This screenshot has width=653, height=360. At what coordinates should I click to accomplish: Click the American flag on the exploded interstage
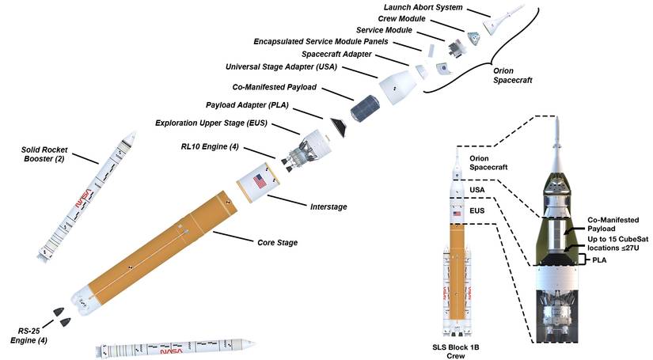pos(259,181)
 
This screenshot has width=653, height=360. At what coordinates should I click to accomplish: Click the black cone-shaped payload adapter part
pos(338,124)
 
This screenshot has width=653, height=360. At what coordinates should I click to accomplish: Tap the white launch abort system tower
pos(505,15)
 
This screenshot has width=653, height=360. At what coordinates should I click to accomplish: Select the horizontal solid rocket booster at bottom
pos(174,349)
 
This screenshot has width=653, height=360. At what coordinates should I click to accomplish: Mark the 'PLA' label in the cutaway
pos(602,260)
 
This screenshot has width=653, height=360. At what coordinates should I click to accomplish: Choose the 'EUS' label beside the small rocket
pos(476,211)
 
